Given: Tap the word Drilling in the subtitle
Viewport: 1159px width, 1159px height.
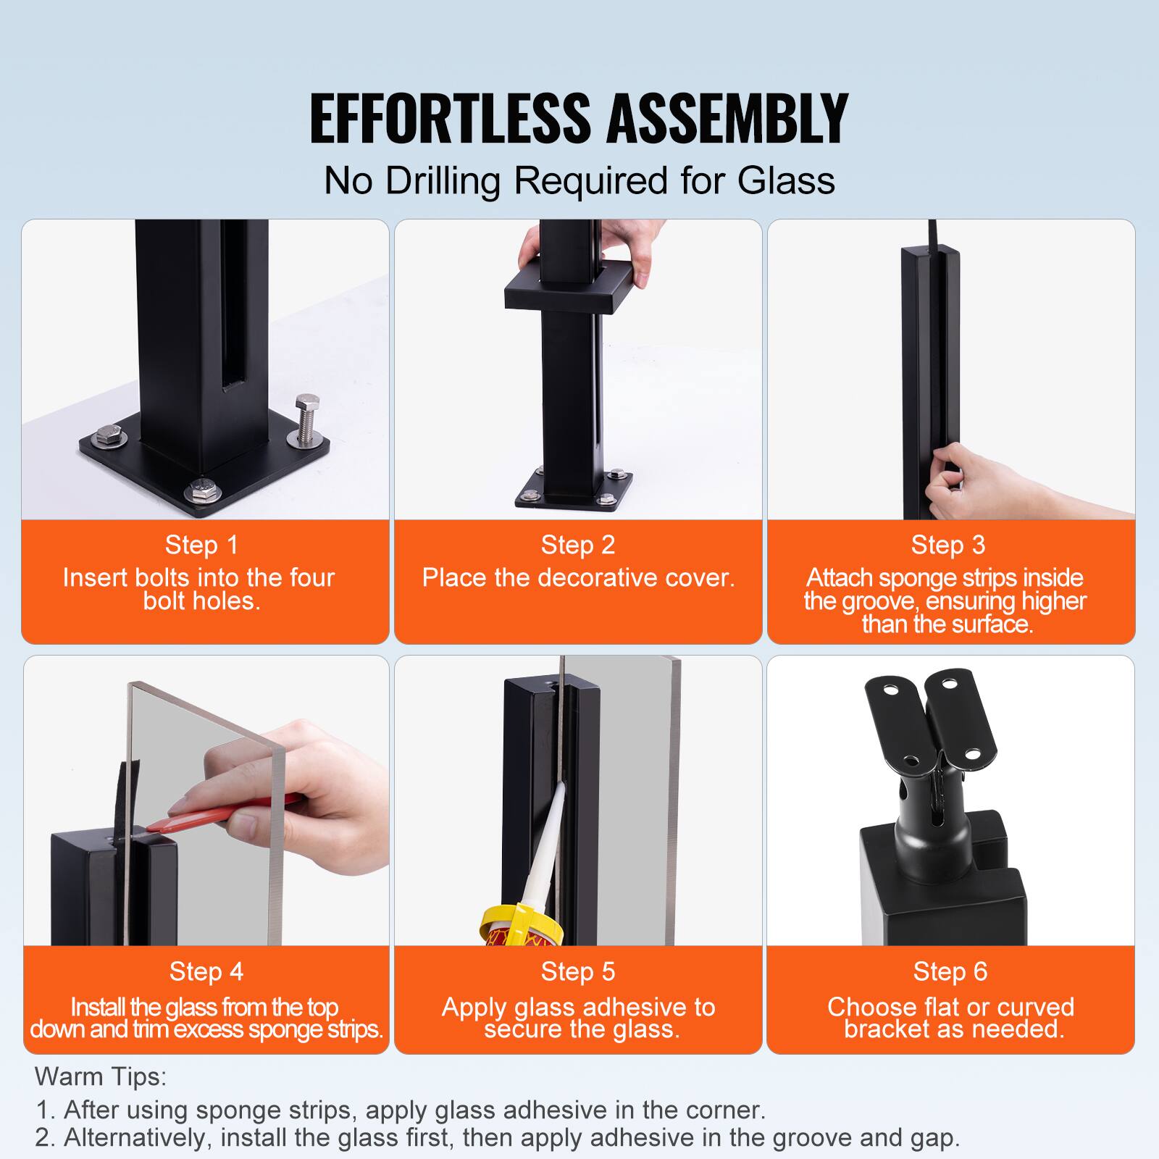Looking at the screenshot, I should click(442, 181).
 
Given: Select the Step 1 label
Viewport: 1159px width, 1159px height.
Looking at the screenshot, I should click(201, 545).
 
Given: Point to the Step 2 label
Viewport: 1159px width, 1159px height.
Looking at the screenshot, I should click(577, 545).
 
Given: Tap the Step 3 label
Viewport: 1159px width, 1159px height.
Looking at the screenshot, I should click(947, 545).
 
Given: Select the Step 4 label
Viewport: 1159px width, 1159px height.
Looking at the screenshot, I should click(206, 971).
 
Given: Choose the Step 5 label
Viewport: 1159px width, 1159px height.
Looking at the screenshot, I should click(577, 971).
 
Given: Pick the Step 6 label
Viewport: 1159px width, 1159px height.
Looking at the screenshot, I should click(950, 971).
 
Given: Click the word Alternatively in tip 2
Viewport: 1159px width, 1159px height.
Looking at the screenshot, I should click(138, 1137).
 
